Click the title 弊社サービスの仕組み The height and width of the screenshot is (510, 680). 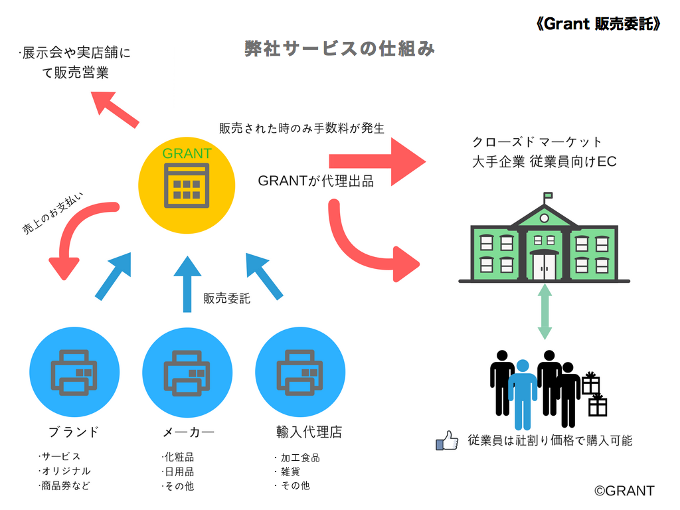[339, 48]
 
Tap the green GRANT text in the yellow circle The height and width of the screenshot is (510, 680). [187, 153]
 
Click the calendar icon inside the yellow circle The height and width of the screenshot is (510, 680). [187, 186]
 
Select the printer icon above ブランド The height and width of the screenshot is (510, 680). [74, 373]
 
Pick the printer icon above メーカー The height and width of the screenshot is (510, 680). [187, 373]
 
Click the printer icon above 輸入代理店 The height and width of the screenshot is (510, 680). [299, 373]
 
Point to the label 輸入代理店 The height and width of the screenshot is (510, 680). [309, 432]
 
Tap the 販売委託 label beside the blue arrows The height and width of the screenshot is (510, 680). [227, 298]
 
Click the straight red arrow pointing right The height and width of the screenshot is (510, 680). [377, 162]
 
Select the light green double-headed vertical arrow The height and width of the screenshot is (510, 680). [545, 311]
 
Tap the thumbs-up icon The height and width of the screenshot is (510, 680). [447, 441]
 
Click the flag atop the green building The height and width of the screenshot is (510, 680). [548, 196]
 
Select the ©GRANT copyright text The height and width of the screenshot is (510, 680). [624, 491]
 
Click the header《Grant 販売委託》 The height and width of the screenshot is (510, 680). [598, 24]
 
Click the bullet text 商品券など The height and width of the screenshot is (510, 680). [64, 485]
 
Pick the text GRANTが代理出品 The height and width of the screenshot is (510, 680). [315, 181]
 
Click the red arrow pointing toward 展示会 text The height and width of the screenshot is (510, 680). [116, 109]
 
